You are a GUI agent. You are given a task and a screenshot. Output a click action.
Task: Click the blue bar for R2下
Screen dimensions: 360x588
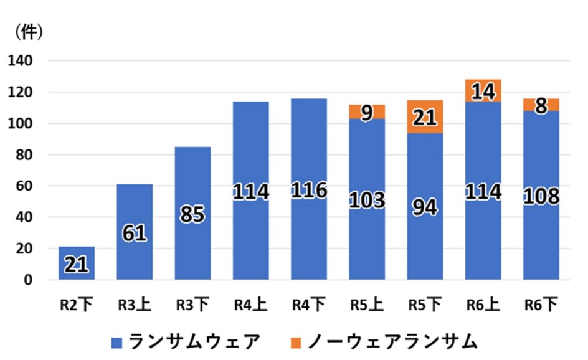(77, 263)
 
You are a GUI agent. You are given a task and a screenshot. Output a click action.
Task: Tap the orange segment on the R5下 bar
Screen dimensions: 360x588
(425, 116)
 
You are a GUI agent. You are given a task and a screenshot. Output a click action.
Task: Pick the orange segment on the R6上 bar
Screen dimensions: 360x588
(483, 91)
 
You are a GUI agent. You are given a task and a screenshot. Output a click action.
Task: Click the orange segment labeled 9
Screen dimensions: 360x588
(367, 112)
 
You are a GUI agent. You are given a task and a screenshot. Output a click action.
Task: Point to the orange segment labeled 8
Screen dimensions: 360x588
(541, 105)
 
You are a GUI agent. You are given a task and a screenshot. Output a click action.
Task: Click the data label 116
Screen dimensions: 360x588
(308, 190)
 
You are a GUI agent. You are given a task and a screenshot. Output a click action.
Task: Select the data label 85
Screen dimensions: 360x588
(192, 214)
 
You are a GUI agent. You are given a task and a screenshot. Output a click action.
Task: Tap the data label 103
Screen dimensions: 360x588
(367, 200)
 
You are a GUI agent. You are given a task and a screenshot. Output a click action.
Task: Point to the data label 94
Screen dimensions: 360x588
(425, 207)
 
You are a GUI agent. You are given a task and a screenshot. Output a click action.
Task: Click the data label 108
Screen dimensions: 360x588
(541, 196)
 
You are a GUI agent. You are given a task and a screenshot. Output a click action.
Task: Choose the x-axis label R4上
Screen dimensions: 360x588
(250, 305)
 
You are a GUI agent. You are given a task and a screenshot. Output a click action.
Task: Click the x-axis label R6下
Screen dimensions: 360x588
(541, 305)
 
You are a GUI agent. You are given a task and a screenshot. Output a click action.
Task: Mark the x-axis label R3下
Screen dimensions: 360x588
(192, 305)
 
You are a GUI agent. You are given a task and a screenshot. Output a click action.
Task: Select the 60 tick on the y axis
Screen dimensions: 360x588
(24, 186)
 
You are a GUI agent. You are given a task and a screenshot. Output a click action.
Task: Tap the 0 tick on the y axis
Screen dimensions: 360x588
(28, 280)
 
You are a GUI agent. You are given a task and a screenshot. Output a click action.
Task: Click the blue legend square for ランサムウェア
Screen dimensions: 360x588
(117, 342)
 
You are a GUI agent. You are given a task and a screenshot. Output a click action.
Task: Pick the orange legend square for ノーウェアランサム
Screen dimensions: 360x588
(296, 342)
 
